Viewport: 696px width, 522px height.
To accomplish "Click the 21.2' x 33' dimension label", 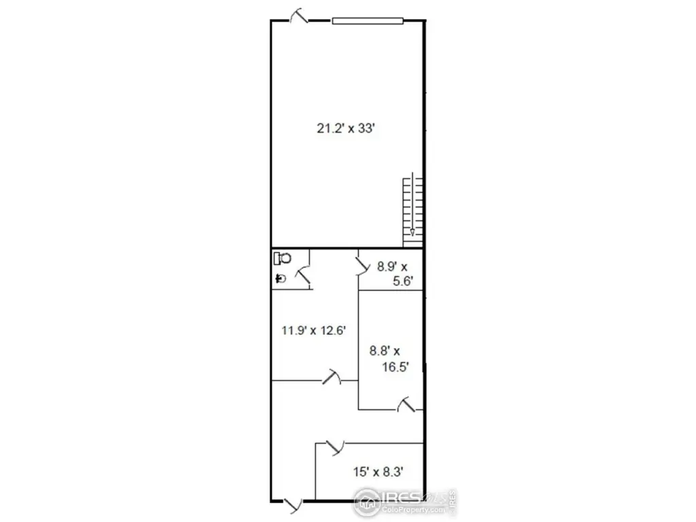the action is click(x=346, y=128).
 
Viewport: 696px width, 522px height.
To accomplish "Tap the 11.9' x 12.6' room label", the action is click(x=313, y=330).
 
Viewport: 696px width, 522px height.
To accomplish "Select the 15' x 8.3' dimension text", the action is click(x=378, y=472).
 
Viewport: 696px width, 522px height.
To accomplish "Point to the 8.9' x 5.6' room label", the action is click(x=395, y=274).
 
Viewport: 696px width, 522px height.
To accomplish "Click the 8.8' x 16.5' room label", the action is click(x=389, y=359).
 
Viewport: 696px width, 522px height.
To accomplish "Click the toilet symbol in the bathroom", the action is click(x=282, y=258).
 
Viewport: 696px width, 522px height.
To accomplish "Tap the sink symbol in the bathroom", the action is click(x=281, y=278).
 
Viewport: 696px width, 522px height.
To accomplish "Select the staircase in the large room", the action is click(x=413, y=212).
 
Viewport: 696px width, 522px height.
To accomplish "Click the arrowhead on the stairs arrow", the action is click(x=413, y=232).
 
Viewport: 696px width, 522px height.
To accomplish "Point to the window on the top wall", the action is click(x=368, y=20).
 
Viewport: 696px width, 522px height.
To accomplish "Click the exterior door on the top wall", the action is click(x=298, y=16).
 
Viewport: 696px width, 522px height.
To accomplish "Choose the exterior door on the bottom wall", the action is click(x=293, y=505).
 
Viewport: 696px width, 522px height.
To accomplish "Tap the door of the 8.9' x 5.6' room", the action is click(x=364, y=266).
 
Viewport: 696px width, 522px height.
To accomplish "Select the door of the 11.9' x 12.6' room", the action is click(x=332, y=377).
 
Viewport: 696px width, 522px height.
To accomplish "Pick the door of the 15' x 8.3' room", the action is click(x=335, y=447).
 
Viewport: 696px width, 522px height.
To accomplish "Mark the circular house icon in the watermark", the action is click(x=366, y=502).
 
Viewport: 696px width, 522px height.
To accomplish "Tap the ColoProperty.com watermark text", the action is click(x=413, y=510).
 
